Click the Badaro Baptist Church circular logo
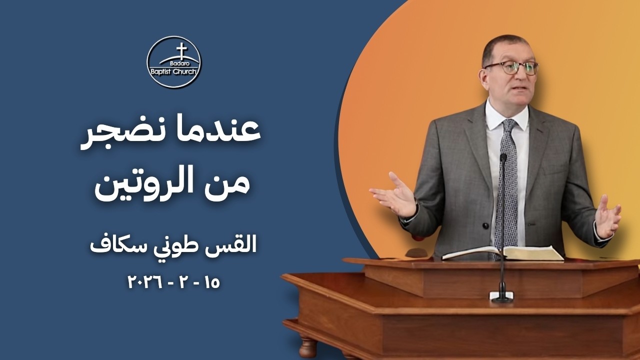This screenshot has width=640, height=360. click(173, 62)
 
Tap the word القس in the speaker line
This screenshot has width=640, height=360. click(238, 245)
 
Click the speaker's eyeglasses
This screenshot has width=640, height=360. click(511, 68)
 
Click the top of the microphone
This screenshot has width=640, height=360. click(503, 158)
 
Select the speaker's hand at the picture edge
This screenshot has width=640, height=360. click(608, 218)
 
